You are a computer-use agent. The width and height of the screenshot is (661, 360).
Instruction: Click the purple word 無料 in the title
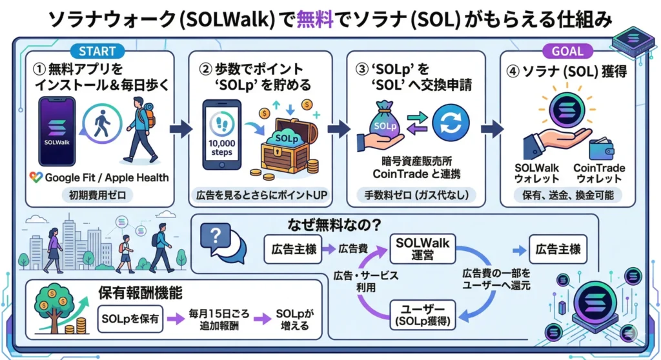coord(314,19)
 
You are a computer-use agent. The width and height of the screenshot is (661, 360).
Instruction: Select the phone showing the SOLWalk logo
coord(58,132)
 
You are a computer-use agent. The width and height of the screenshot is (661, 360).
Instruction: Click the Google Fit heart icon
coord(36,177)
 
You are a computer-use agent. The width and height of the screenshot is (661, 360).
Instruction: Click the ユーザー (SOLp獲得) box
coord(422,314)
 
